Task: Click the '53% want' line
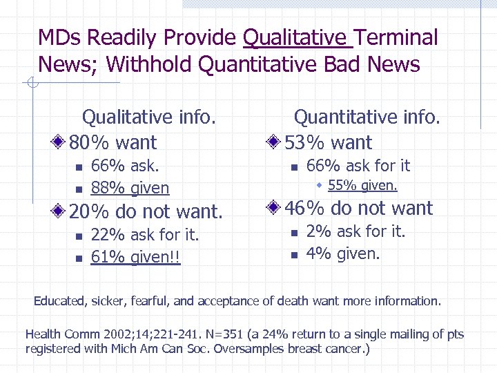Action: (x=329, y=143)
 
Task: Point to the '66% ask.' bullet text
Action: (x=125, y=166)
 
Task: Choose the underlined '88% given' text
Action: (x=130, y=188)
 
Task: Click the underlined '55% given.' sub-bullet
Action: (x=362, y=185)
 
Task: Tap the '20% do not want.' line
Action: (x=146, y=211)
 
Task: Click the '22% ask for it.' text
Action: (x=145, y=235)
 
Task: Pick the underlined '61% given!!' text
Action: (x=135, y=258)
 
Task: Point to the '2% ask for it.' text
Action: (x=355, y=231)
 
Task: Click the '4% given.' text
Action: (x=343, y=254)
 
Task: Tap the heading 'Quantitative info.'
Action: (x=367, y=117)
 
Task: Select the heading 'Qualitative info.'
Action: (x=149, y=117)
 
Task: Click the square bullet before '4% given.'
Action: (x=293, y=255)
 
